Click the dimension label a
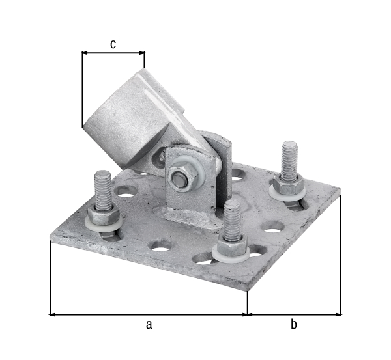tap(148, 324)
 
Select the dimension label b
tap(294, 324)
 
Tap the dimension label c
tap(113, 44)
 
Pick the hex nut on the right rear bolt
tap(287, 182)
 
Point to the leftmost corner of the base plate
tap(51, 240)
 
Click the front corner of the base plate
tap(247, 290)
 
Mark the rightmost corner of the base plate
tap(340, 191)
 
